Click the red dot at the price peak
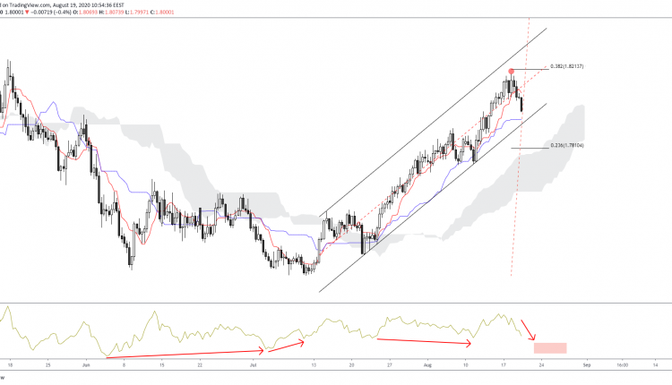click(512, 70)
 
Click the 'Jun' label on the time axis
click(86, 365)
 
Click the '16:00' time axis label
click(620, 365)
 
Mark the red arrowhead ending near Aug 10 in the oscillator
click(470, 343)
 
